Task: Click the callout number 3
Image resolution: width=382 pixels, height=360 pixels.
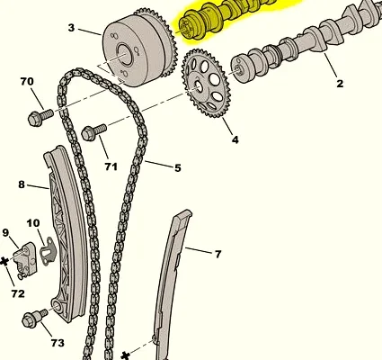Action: [71, 28]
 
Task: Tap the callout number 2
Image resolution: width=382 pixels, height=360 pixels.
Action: [340, 84]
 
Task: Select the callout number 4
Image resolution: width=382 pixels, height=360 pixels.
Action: [235, 139]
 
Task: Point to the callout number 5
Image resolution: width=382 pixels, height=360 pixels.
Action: [178, 168]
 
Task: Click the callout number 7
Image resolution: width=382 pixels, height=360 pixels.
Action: [218, 254]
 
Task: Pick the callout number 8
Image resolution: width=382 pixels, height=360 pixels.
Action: [22, 184]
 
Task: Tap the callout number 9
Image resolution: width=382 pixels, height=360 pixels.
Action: [5, 233]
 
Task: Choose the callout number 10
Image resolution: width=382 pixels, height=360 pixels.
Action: [33, 223]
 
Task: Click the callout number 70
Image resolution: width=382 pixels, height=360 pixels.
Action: [27, 81]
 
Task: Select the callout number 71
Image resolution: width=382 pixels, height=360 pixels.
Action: [111, 166]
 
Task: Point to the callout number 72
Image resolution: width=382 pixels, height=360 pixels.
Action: [18, 293]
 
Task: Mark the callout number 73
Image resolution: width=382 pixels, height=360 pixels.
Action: [58, 342]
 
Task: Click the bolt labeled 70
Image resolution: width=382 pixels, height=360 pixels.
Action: [40, 118]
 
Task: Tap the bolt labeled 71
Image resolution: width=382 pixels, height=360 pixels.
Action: [93, 132]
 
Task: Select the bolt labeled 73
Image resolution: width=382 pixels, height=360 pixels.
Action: [34, 318]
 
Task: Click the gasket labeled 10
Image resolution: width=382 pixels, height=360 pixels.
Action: [48, 252]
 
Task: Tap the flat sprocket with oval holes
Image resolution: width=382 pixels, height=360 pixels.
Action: [206, 84]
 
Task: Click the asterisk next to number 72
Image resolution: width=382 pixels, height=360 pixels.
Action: [4, 262]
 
